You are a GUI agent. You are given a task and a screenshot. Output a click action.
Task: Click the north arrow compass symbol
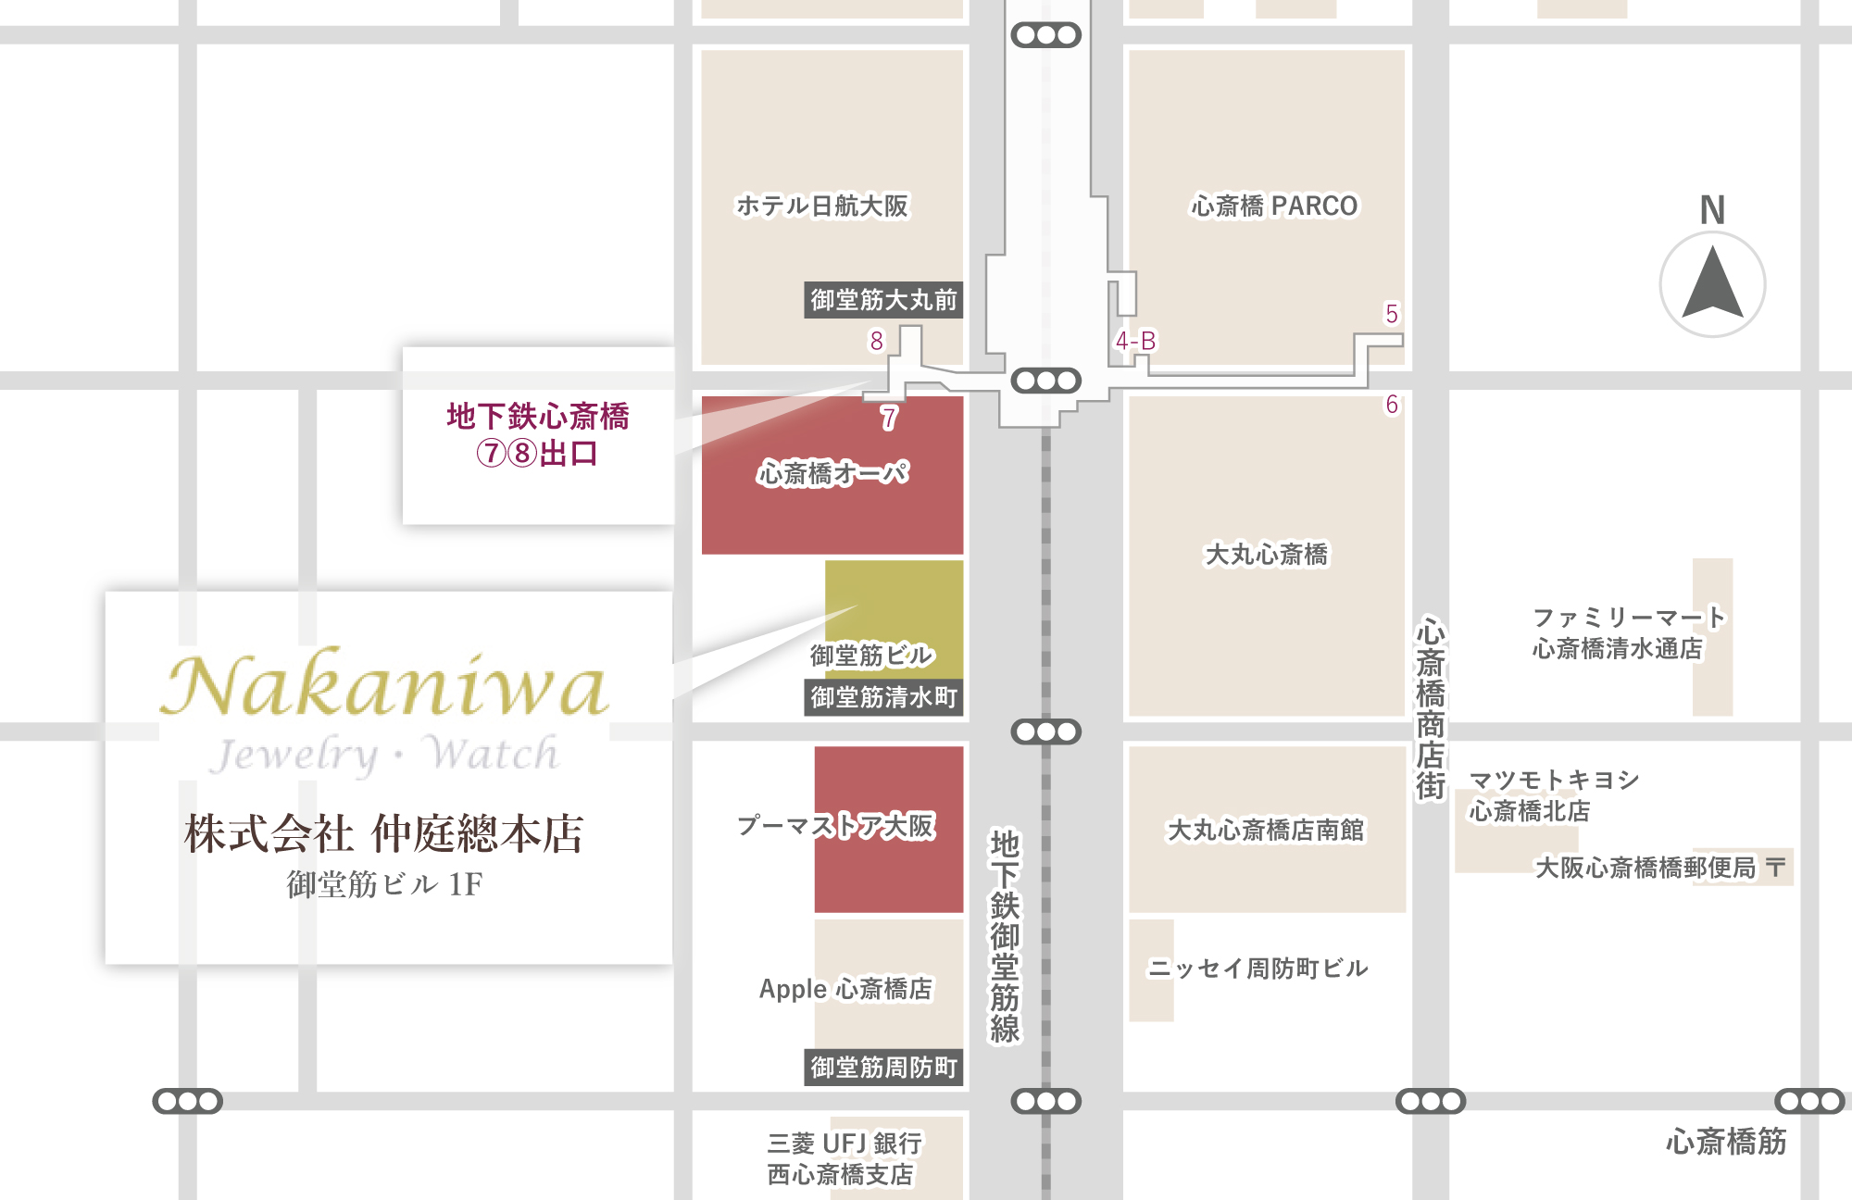(1712, 283)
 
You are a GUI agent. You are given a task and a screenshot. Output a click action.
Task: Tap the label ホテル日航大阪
(822, 206)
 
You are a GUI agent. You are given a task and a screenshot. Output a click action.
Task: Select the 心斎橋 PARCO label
(1274, 206)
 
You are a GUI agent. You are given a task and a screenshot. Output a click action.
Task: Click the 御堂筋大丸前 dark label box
(883, 300)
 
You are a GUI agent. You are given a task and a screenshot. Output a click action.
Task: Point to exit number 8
(876, 341)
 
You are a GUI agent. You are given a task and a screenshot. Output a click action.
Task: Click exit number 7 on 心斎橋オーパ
(889, 419)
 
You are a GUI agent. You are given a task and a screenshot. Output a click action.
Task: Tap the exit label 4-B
(1135, 341)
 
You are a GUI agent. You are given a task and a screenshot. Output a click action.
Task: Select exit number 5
(1391, 314)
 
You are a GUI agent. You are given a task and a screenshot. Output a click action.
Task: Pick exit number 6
(1391, 405)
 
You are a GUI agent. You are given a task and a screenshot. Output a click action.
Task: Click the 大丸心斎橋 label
(1266, 555)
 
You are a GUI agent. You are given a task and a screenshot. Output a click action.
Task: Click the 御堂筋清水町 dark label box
(883, 697)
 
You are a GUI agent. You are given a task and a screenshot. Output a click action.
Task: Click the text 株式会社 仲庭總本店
(384, 833)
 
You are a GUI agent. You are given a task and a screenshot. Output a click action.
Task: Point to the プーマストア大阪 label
(835, 825)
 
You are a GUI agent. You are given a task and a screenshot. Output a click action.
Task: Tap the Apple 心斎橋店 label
(845, 989)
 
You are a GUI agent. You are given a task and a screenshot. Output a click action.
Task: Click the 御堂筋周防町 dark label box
(883, 1068)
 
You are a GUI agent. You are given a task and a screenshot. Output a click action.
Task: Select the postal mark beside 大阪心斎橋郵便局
(1775, 868)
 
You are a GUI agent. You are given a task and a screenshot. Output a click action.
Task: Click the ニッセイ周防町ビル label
(1258, 969)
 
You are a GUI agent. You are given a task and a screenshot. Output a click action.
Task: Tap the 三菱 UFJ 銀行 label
(844, 1144)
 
